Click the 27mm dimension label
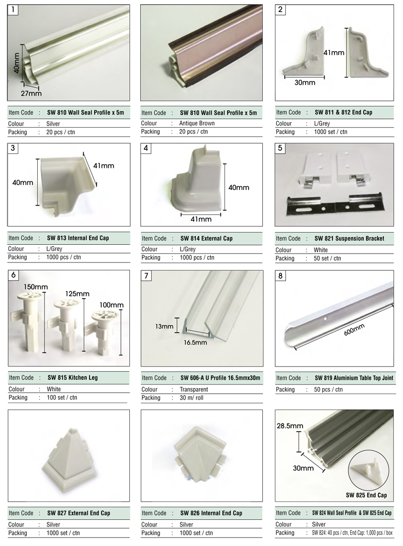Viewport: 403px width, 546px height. point(31,93)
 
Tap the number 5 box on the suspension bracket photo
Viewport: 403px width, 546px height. point(281,148)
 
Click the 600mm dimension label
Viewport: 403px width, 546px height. point(354,329)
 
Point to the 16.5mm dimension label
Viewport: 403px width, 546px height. point(195,342)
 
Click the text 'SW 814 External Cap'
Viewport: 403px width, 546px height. point(206,238)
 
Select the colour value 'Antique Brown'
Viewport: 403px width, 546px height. point(197,123)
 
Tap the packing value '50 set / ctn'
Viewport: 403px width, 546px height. point(327,258)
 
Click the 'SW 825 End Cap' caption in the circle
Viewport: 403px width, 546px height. point(366,495)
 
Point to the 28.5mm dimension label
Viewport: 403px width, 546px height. point(290,426)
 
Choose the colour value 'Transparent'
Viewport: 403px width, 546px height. point(194,389)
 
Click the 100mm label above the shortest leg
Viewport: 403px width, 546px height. point(111,305)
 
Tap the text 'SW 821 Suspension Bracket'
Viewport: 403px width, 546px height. point(349,238)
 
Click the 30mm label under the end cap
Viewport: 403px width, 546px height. point(305,83)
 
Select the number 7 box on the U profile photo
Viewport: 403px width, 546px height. point(146,276)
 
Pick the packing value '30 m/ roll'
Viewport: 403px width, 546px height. point(192,397)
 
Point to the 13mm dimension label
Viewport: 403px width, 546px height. point(164,326)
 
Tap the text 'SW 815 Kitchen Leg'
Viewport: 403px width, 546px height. point(73,378)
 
